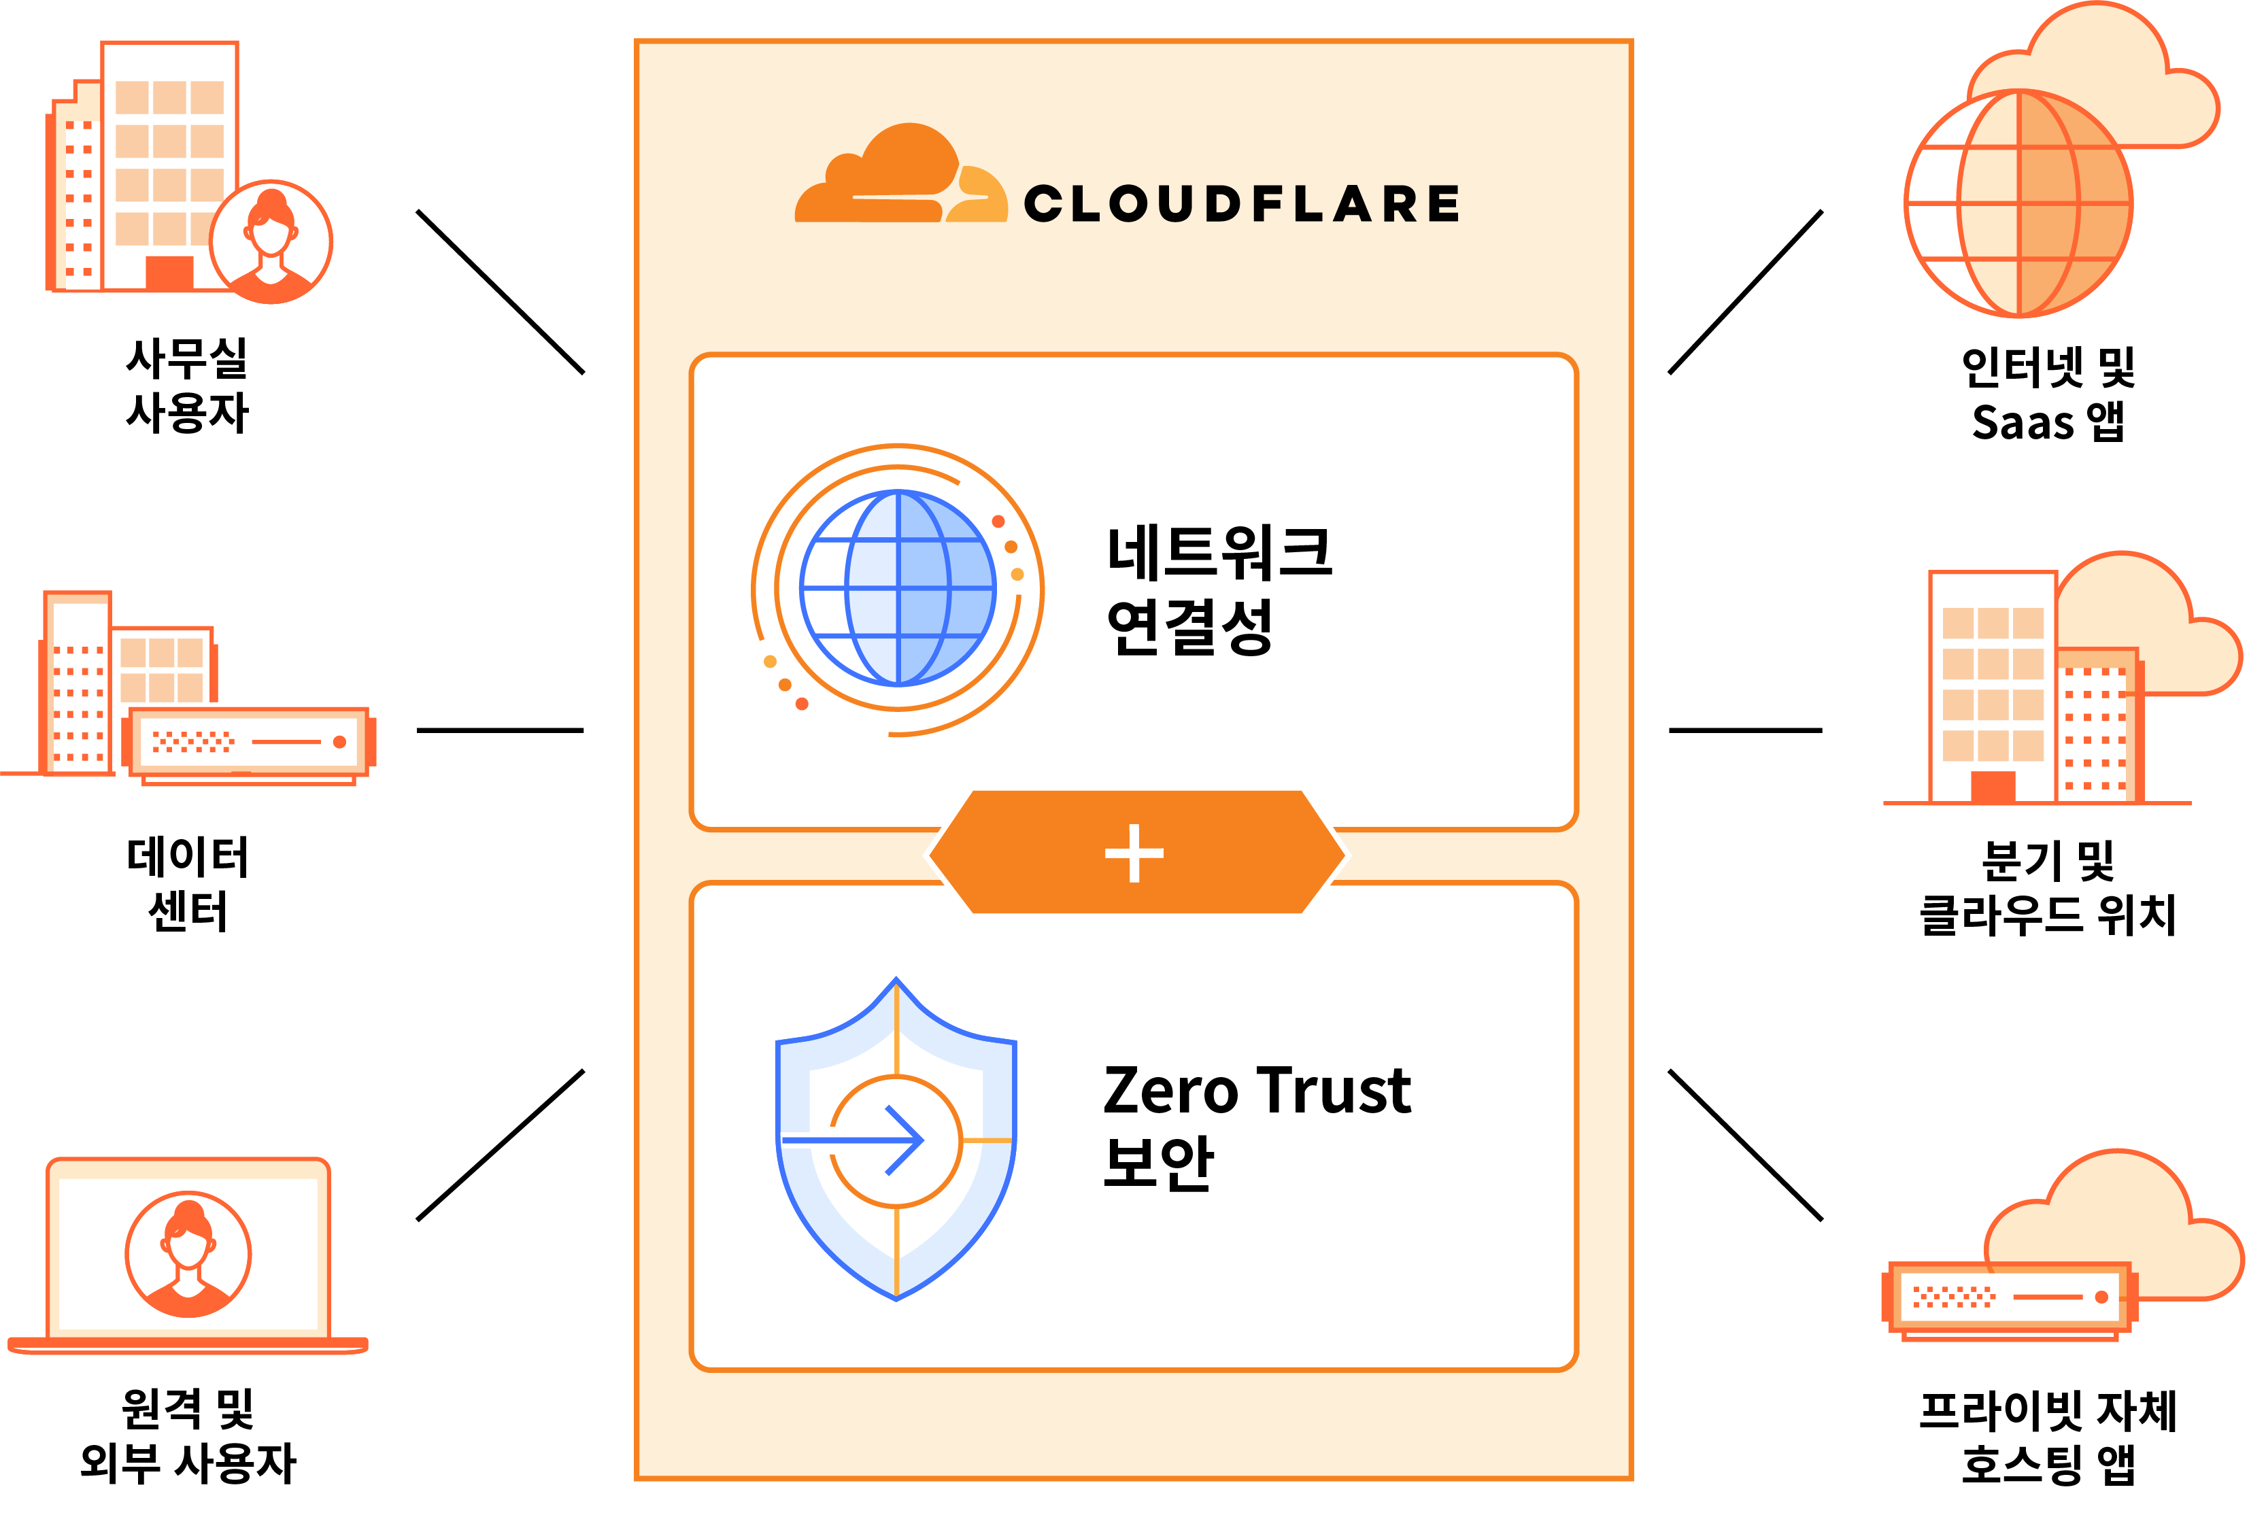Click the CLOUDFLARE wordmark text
pos(1240,204)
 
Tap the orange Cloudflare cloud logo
pos(899,177)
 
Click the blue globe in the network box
pos(897,588)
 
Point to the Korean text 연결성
pos(1189,627)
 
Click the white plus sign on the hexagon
pos(1134,853)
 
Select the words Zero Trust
pos(1256,1089)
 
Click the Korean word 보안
pos(1157,1162)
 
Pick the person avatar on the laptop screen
pos(188,1254)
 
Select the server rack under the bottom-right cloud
pos(2008,1297)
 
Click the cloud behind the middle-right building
pos(2165,624)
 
